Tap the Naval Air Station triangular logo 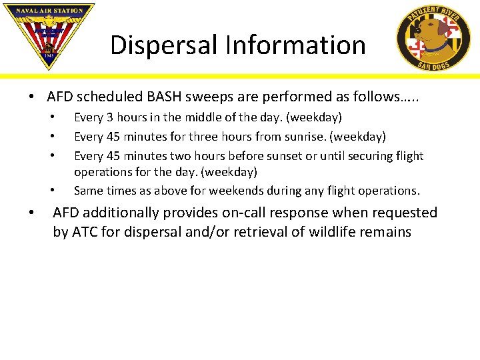click(x=48, y=33)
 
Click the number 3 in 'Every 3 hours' click(x=107, y=118)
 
